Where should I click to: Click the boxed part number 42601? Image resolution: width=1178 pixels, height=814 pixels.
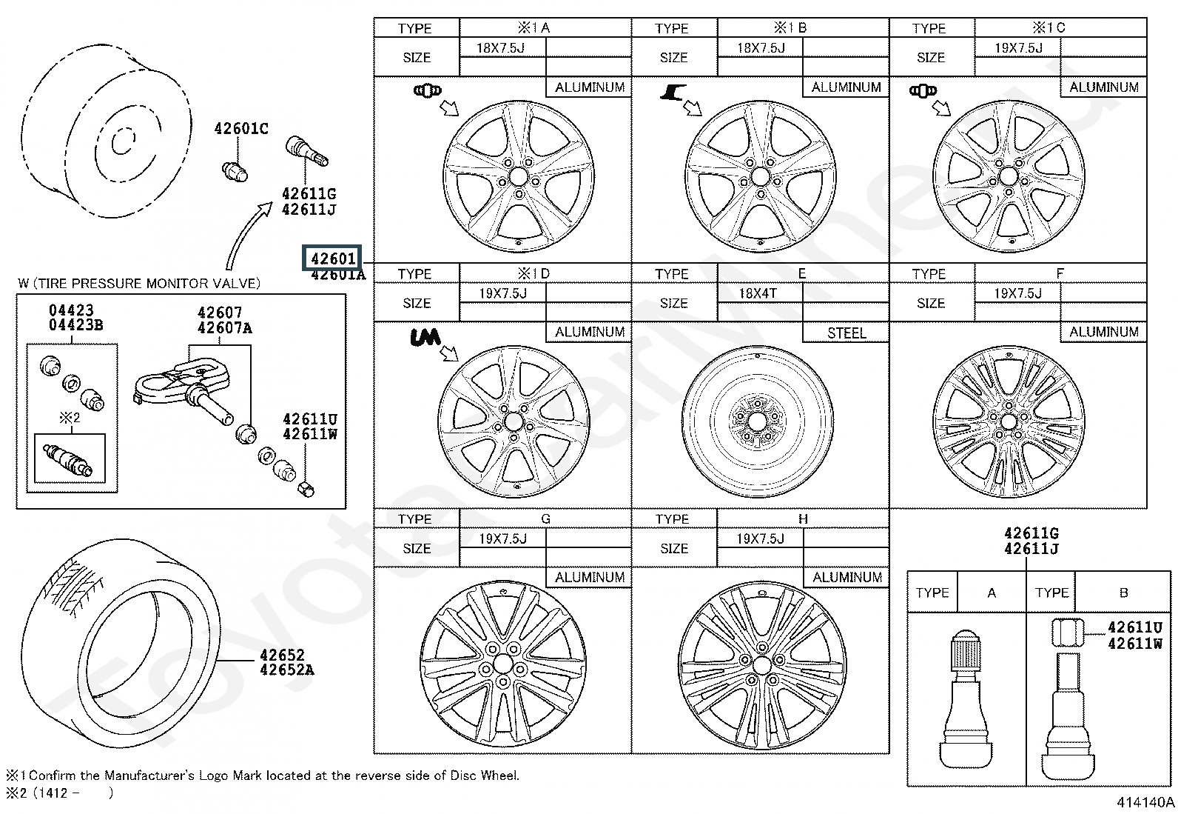click(332, 258)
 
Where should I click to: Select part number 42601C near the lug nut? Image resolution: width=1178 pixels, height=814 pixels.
click(241, 129)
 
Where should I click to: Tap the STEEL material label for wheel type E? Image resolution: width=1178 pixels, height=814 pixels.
click(846, 333)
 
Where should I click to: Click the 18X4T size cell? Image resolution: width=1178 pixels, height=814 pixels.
click(758, 293)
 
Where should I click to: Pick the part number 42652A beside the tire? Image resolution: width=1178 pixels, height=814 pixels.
click(287, 670)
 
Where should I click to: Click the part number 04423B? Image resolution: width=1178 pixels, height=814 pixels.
click(76, 325)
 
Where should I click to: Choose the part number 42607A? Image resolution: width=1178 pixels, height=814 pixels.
click(225, 328)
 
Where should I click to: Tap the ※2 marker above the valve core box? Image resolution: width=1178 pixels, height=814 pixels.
click(70, 418)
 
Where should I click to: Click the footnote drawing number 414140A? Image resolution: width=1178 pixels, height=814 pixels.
click(1146, 802)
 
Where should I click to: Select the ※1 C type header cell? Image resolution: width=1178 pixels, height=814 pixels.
click(1049, 28)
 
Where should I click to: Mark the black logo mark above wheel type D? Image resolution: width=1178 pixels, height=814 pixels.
click(425, 338)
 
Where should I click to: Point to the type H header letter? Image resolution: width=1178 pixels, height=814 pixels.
click(803, 519)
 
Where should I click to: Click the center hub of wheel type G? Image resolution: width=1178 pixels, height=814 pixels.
click(503, 663)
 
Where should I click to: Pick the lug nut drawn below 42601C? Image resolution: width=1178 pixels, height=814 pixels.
click(235, 170)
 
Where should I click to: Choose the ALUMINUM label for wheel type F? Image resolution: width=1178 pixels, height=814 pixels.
click(1103, 333)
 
